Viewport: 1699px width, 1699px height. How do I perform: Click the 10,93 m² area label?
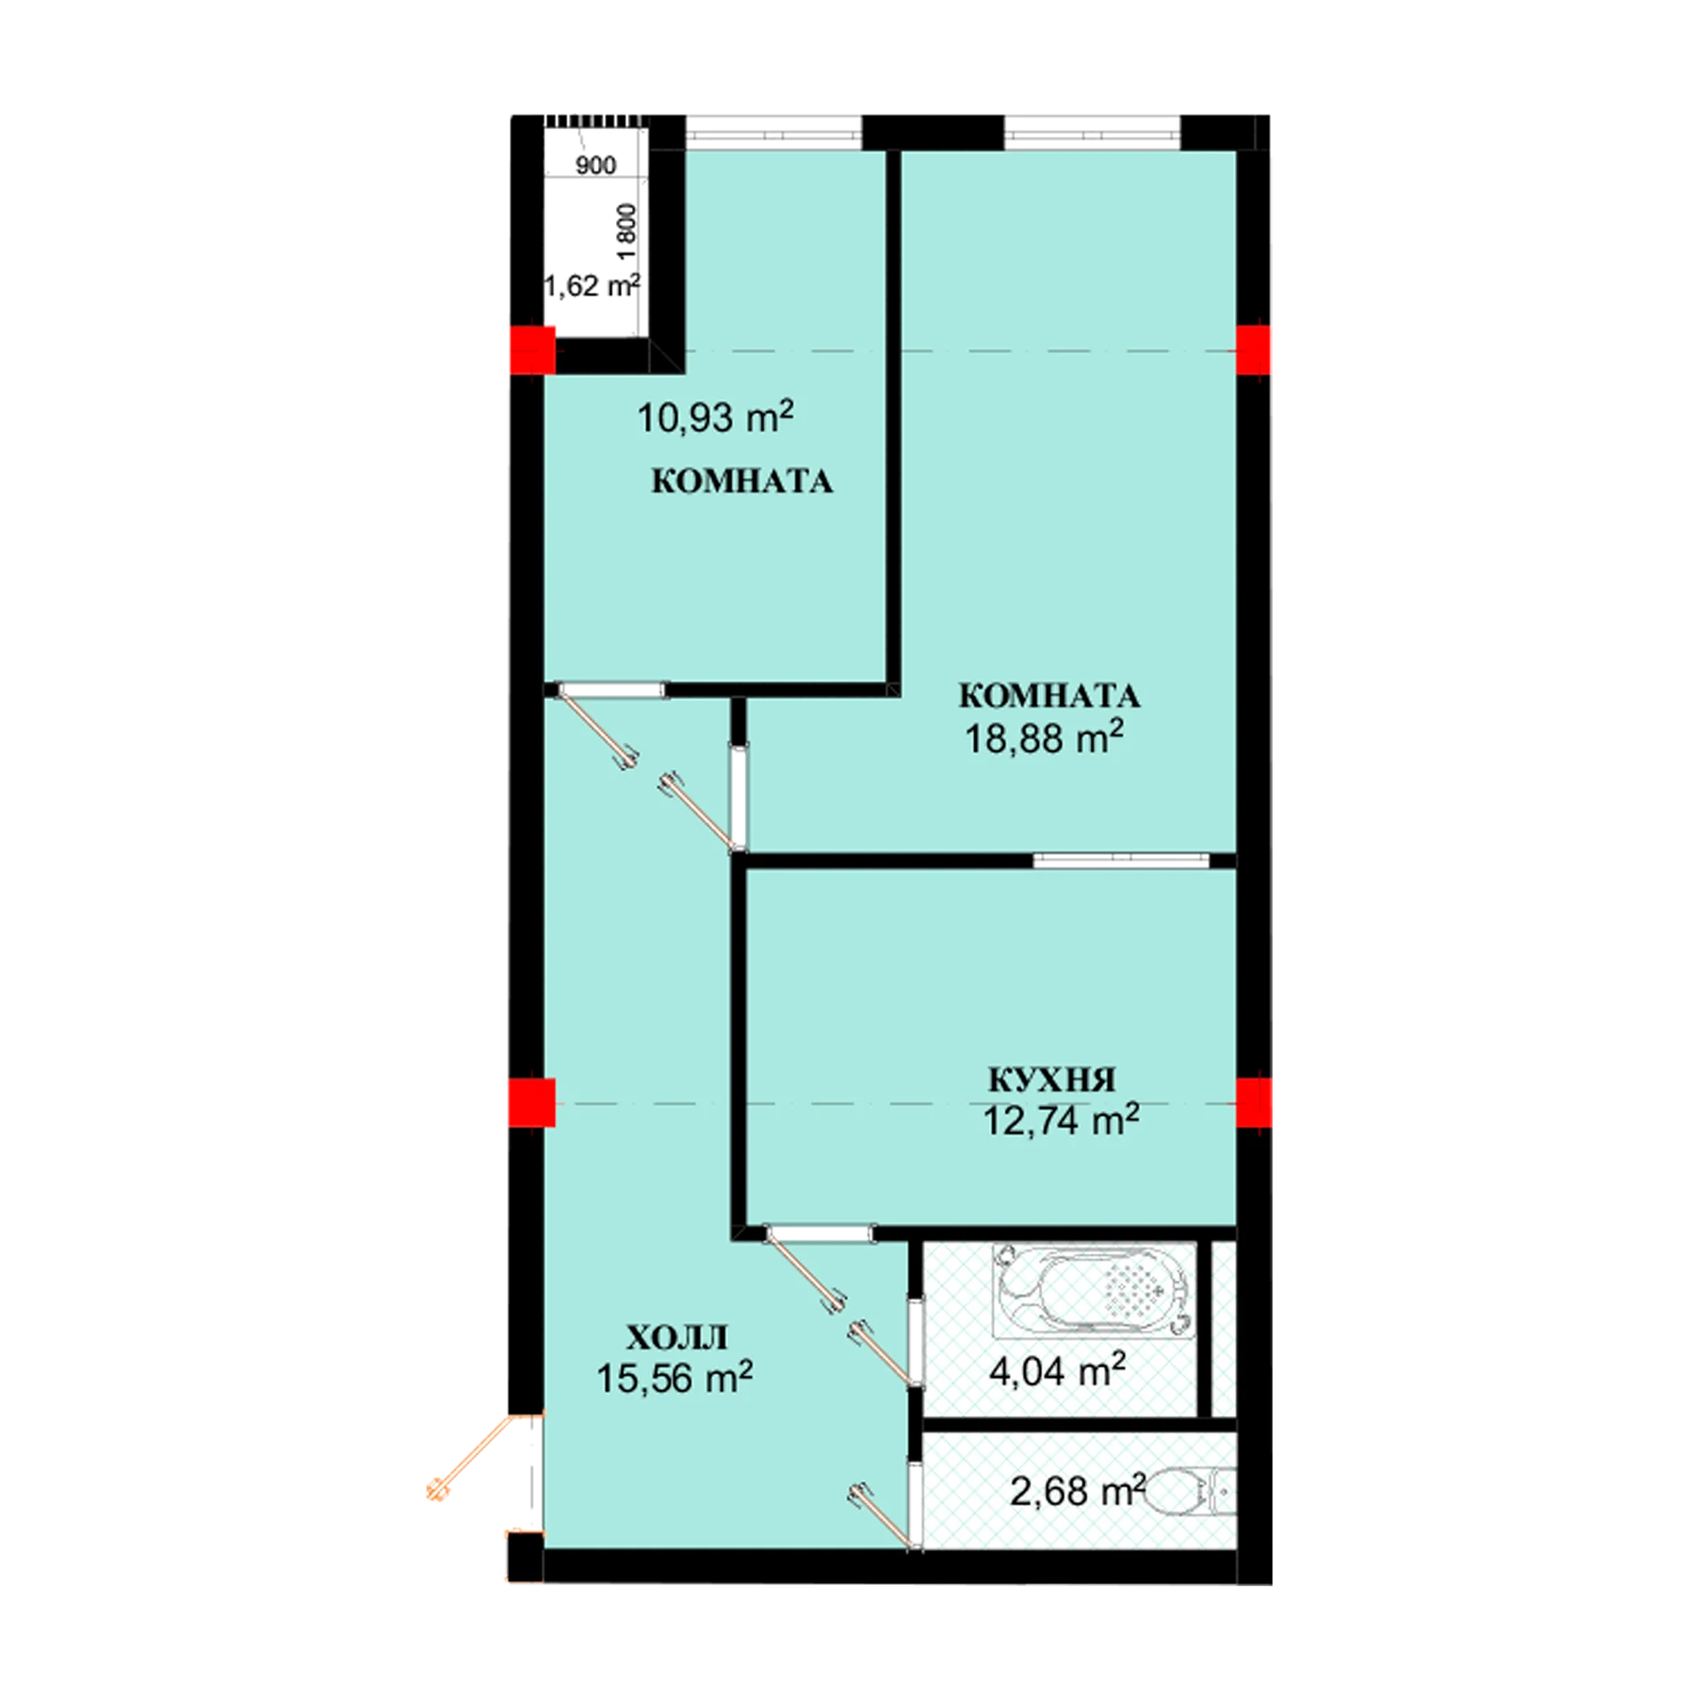click(x=715, y=418)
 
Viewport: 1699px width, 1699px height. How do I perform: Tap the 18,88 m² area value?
click(x=1044, y=737)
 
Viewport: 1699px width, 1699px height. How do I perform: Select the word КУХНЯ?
click(x=1051, y=1080)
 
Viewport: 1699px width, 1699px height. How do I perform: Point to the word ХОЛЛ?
click(x=677, y=1337)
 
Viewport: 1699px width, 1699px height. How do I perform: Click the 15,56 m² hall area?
click(x=674, y=1378)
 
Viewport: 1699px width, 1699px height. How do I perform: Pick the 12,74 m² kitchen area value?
click(x=1061, y=1120)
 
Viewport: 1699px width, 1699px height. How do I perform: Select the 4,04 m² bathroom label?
click(x=1057, y=1371)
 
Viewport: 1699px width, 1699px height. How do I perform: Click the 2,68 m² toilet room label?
click(x=1078, y=1491)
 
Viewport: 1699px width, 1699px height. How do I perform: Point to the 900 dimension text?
click(x=596, y=165)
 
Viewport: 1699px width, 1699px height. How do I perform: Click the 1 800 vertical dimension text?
click(x=626, y=232)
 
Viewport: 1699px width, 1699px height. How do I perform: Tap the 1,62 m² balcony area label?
click(x=591, y=286)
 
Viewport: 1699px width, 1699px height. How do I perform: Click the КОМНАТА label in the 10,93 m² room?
click(x=742, y=481)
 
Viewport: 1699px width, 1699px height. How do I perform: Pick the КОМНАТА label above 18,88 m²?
click(x=1049, y=696)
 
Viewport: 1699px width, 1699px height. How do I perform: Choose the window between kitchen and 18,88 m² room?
click(x=1121, y=859)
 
